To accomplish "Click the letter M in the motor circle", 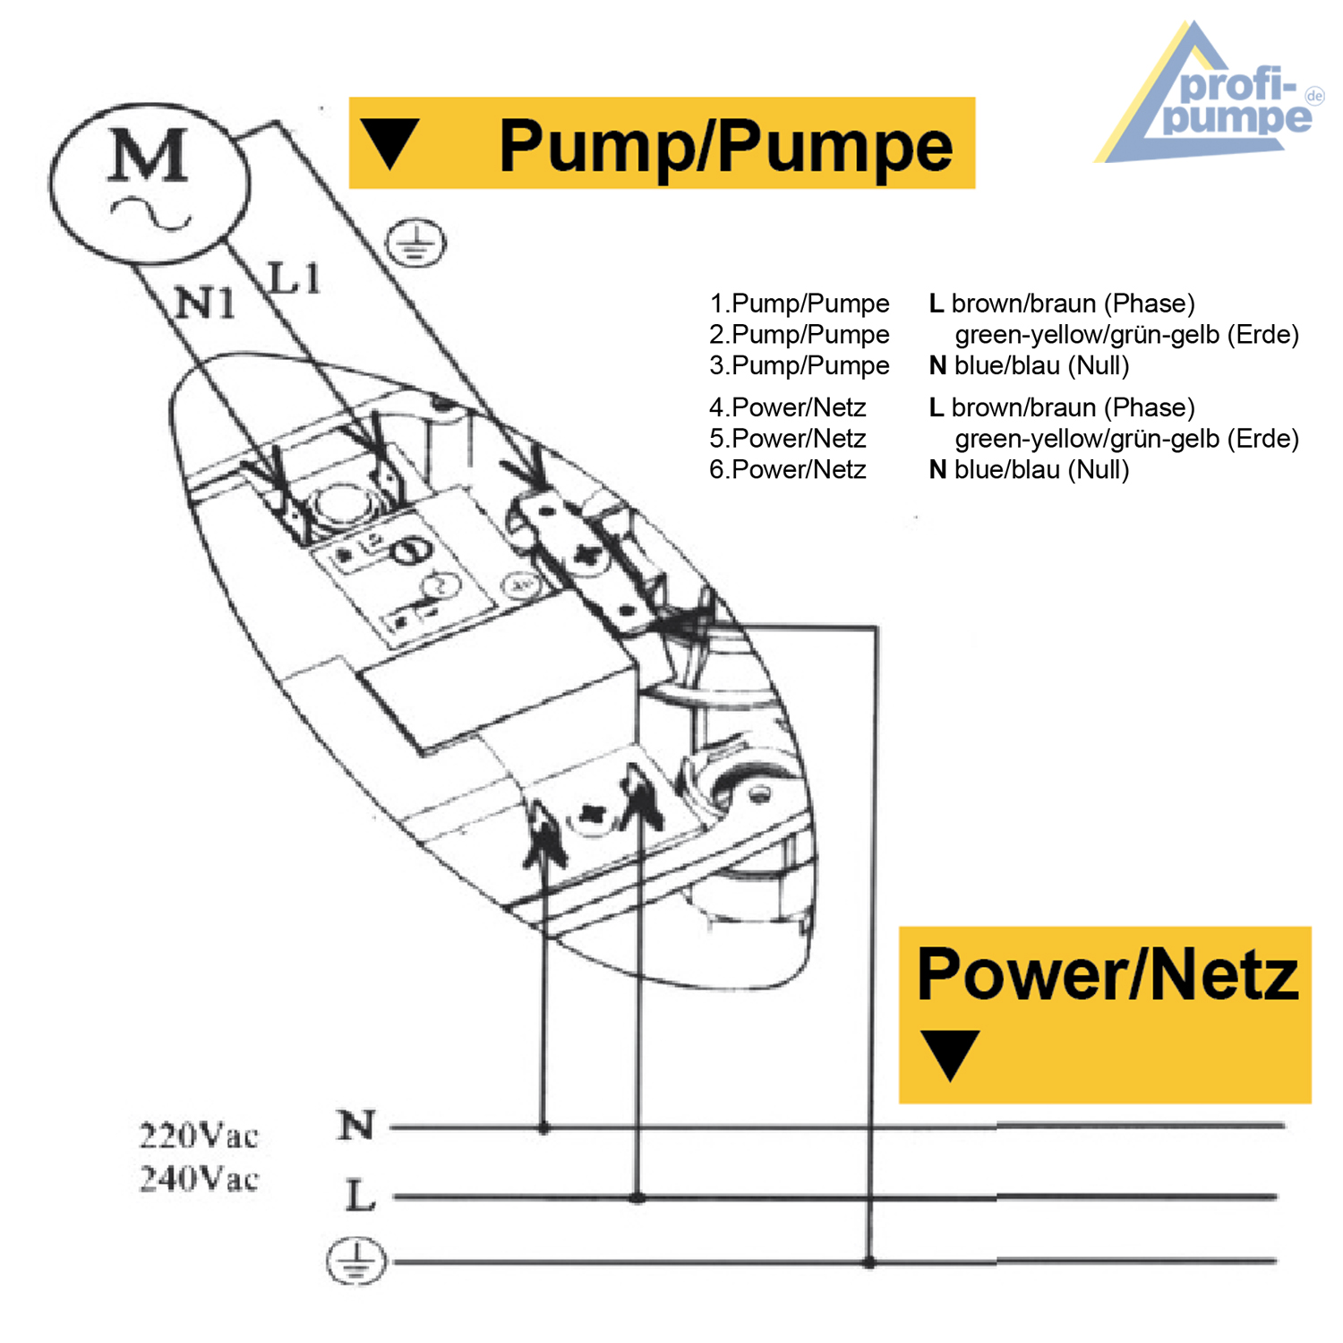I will [149, 156].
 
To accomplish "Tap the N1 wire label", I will [205, 303].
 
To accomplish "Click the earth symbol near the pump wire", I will [415, 243].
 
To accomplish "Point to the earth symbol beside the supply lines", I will [356, 1262].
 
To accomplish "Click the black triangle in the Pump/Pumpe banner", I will [389, 143].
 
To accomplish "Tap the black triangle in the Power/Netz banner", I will [950, 1054].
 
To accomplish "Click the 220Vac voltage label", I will [199, 1135].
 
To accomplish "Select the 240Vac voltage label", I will [199, 1178].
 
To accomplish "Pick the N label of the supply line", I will [356, 1125].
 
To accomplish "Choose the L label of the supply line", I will [360, 1196].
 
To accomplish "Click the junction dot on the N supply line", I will [543, 1128].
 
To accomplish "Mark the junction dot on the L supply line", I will [637, 1197].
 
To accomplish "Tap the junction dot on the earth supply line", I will [868, 1262].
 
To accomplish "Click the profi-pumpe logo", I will [1209, 98].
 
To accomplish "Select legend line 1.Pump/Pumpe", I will [799, 304].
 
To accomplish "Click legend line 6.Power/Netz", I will [788, 469].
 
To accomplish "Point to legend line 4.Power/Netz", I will [788, 407].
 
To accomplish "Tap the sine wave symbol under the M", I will [150, 214].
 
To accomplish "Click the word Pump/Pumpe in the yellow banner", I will [725, 146].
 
